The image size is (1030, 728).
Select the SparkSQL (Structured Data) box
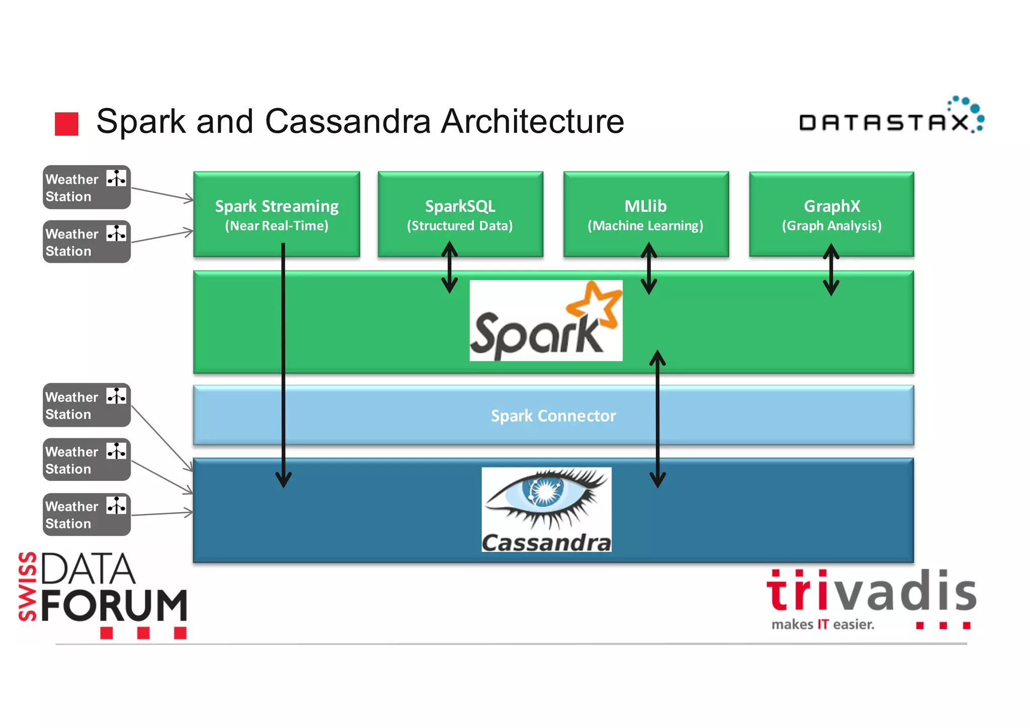(460, 214)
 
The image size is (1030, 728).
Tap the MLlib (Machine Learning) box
(645, 214)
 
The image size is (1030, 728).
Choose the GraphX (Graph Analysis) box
(831, 214)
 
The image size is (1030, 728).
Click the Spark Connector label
(553, 416)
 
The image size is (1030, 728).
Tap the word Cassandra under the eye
(546, 543)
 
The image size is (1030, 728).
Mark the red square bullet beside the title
(66, 124)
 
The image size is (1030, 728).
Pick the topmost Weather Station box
(87, 187)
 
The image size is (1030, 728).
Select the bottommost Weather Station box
(87, 514)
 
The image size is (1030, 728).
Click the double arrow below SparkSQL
(449, 267)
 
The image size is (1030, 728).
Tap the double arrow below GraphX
(831, 269)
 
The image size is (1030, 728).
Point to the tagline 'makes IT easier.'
(823, 624)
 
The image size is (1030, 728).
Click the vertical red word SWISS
(27, 586)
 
